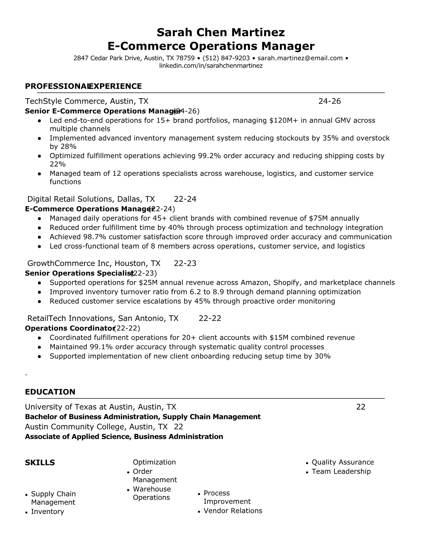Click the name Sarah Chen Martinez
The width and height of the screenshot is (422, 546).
point(221,32)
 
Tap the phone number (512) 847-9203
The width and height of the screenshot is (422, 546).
point(226,58)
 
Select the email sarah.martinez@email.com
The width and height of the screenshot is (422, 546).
point(300,58)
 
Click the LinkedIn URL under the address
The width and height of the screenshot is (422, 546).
point(211,65)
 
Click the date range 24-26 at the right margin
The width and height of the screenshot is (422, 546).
point(329,101)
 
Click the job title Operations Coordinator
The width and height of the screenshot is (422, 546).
point(70,328)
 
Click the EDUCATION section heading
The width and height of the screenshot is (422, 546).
point(50,392)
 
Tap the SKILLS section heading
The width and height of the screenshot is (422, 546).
point(40,463)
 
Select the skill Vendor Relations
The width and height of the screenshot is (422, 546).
point(233,511)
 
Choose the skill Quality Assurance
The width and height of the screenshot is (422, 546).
point(342,462)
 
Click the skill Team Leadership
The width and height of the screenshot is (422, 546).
point(341,472)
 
